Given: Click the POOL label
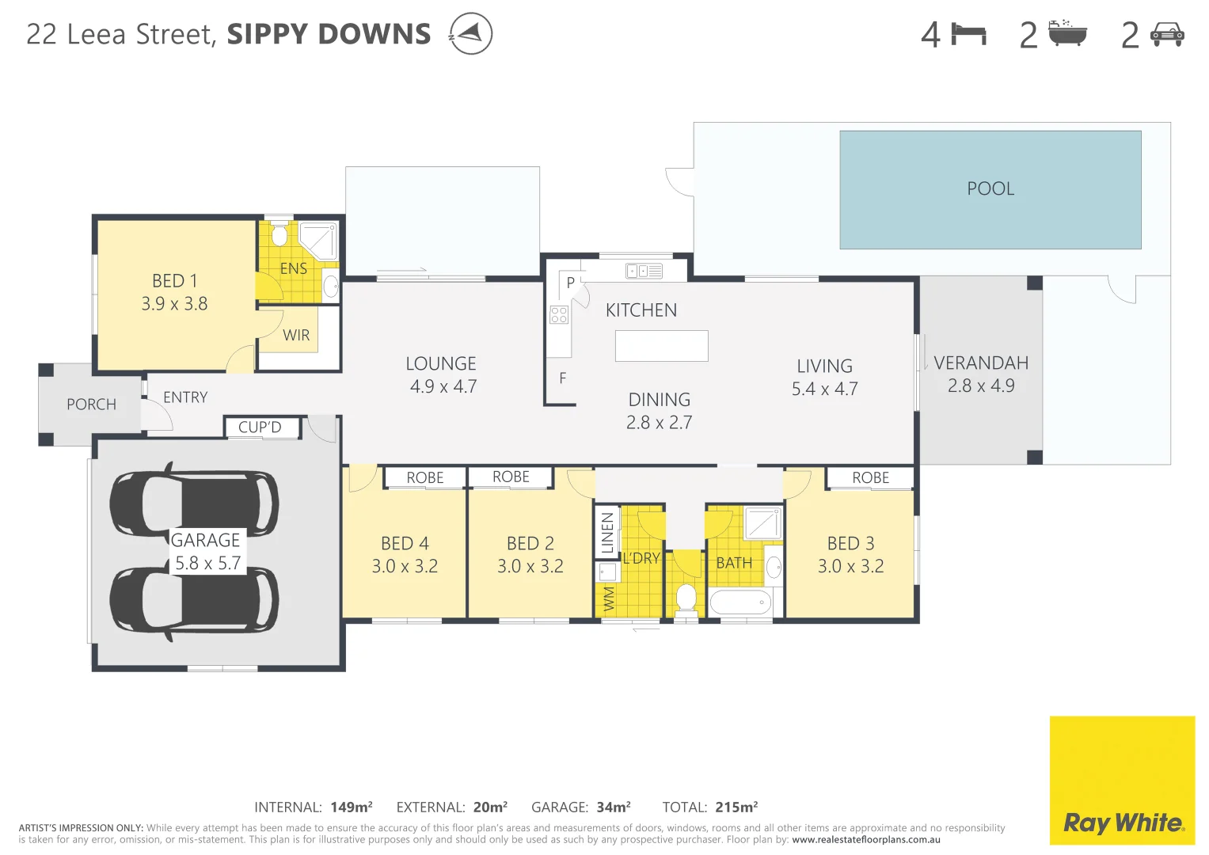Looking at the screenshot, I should pos(990,188).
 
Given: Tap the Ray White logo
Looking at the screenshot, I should pos(1122,823).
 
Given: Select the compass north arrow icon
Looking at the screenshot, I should pos(470,34).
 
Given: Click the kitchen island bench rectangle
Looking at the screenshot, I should pos(661,346).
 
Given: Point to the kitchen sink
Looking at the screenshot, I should pos(644,271).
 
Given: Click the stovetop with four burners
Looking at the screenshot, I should pos(559,315).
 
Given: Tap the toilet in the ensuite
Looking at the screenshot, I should pos(279,235).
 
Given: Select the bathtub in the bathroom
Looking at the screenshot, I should pos(740,602).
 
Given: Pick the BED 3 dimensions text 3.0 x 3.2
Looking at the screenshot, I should pos(850,566).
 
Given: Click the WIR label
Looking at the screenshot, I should pos(296,335).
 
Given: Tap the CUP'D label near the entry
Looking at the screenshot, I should pos(260,427).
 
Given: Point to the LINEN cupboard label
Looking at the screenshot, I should pos(607,532).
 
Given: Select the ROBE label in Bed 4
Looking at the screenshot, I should pos(424,477).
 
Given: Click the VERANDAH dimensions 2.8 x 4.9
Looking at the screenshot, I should pos(980,386).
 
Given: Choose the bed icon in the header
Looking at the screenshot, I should pos(968,35).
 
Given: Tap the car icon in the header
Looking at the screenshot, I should pos(1166,35).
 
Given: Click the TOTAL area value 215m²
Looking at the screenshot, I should pos(736,807).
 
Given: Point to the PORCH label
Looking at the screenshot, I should pos(91,405).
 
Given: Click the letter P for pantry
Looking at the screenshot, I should pos(570,283).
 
